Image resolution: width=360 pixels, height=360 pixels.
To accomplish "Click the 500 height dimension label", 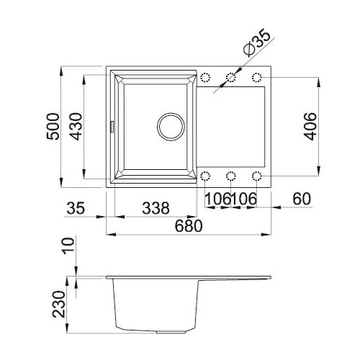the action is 53,127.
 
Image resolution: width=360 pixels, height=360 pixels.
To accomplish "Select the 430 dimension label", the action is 76,127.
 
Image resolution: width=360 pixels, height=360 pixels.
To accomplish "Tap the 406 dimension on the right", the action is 310,126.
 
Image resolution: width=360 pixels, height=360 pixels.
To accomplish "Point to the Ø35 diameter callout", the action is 257,42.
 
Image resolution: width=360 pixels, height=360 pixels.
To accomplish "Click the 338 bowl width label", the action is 156,208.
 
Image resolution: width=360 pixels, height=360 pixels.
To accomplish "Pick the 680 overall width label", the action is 189,226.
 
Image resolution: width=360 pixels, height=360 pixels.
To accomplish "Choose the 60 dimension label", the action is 302,199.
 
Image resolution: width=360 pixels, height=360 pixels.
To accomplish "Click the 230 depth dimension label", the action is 59,305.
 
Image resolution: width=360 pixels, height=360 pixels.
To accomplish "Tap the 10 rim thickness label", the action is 68,246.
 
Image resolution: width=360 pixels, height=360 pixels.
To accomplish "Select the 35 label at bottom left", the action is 76,208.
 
